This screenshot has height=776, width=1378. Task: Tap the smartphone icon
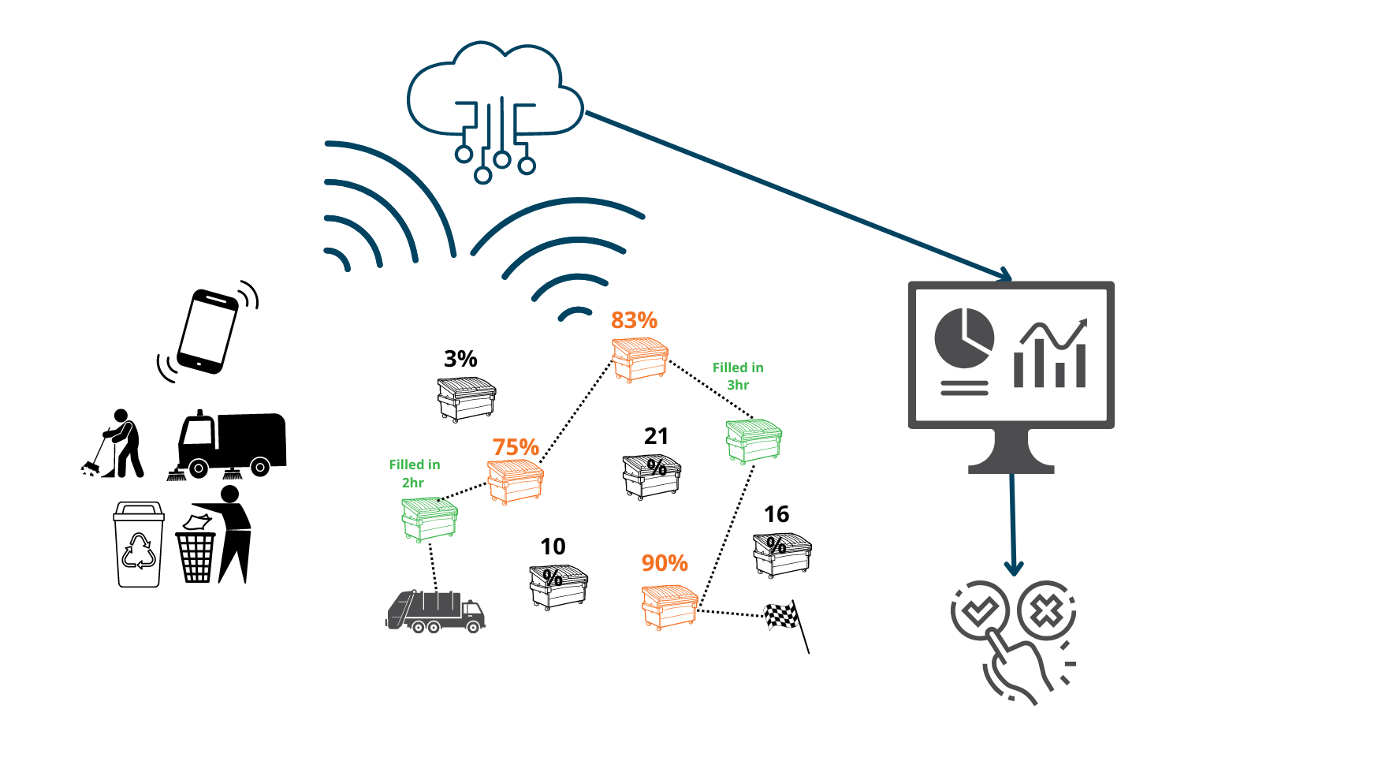[x=207, y=331]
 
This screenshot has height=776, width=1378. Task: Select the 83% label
[x=634, y=320]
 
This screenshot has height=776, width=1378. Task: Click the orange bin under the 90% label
[x=669, y=606]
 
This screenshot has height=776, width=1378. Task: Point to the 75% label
[x=516, y=447]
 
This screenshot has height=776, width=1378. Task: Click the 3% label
[x=460, y=359]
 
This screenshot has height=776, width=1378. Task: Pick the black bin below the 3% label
[x=467, y=399]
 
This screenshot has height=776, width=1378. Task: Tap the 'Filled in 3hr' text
[x=738, y=376]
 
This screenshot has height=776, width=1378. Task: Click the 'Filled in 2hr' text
[x=415, y=473]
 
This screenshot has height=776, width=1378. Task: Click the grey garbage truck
[x=435, y=611]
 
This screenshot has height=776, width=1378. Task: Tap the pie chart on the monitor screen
[x=963, y=338]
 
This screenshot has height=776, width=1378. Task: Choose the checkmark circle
[x=979, y=610]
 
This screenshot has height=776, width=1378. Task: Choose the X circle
[x=1046, y=610]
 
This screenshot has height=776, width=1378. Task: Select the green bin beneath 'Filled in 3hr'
[x=754, y=441]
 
